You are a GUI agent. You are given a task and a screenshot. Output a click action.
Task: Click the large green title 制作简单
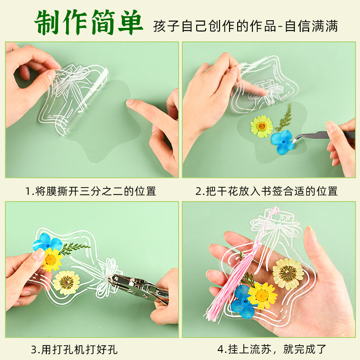[89, 22]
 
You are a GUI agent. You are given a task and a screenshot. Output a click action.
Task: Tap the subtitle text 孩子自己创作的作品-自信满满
[245, 26]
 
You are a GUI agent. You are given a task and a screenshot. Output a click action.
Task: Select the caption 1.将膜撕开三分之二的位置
[91, 191]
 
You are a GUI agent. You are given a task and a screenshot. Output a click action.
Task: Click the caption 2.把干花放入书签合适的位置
[266, 191]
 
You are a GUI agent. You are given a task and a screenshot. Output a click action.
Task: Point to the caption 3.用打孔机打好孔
[74, 350]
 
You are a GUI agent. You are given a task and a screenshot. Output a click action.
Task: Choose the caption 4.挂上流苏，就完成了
[272, 349]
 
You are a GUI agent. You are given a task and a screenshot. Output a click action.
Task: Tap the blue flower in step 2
[283, 142]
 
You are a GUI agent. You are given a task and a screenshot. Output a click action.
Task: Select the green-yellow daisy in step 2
[261, 126]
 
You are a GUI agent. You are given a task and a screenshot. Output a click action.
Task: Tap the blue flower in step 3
[47, 242]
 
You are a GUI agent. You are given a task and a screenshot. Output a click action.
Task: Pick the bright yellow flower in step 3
[52, 260]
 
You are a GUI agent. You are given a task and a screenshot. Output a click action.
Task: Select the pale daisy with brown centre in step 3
[66, 283]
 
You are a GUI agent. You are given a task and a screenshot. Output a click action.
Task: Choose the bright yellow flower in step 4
[262, 296]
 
